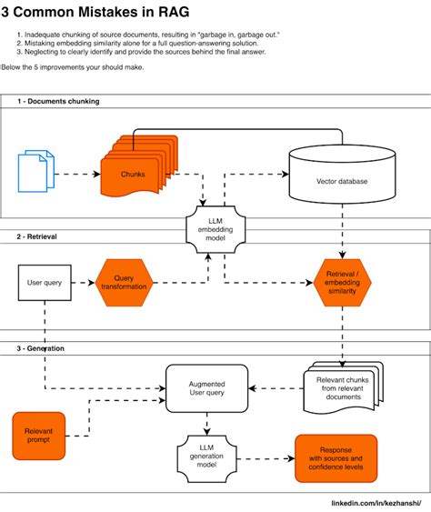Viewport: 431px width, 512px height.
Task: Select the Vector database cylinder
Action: click(x=342, y=179)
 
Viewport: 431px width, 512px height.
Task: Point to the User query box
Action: click(x=45, y=283)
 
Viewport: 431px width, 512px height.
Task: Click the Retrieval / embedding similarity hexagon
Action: click(x=344, y=283)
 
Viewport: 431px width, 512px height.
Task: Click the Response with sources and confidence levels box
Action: click(x=335, y=458)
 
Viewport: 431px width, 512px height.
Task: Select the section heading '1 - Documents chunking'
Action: click(x=58, y=101)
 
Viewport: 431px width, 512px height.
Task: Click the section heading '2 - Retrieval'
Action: click(x=37, y=236)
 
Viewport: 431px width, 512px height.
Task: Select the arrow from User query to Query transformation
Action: click(x=83, y=283)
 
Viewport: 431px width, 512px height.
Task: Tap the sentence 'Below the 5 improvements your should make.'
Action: click(x=78, y=67)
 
